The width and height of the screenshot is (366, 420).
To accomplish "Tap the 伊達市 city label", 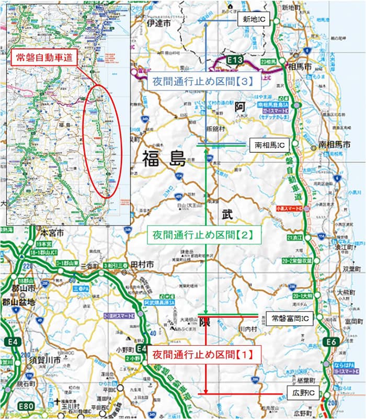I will [x=159, y=24].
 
